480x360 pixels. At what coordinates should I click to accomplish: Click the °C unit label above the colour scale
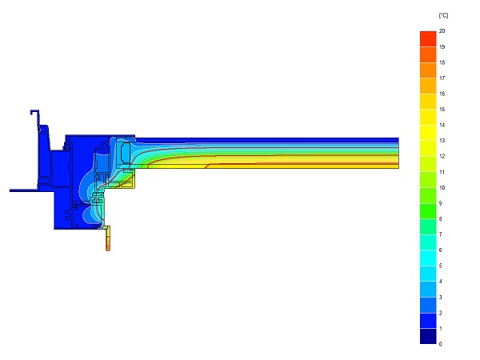[x=443, y=15]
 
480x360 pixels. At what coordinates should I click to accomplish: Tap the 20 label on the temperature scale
[x=442, y=31]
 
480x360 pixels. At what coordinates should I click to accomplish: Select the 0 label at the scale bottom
[x=440, y=344]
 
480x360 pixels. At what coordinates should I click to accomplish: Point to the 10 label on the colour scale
[x=442, y=187]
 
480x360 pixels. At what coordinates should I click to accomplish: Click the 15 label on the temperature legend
[x=442, y=110]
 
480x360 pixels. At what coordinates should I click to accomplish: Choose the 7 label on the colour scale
[x=440, y=234]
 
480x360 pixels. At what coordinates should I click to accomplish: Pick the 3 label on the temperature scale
[x=440, y=297]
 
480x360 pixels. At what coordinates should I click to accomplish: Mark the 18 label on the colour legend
[x=442, y=62]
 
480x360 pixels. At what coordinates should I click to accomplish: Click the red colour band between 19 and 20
[x=428, y=39]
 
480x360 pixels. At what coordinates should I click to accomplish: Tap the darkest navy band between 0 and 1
[x=428, y=336]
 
